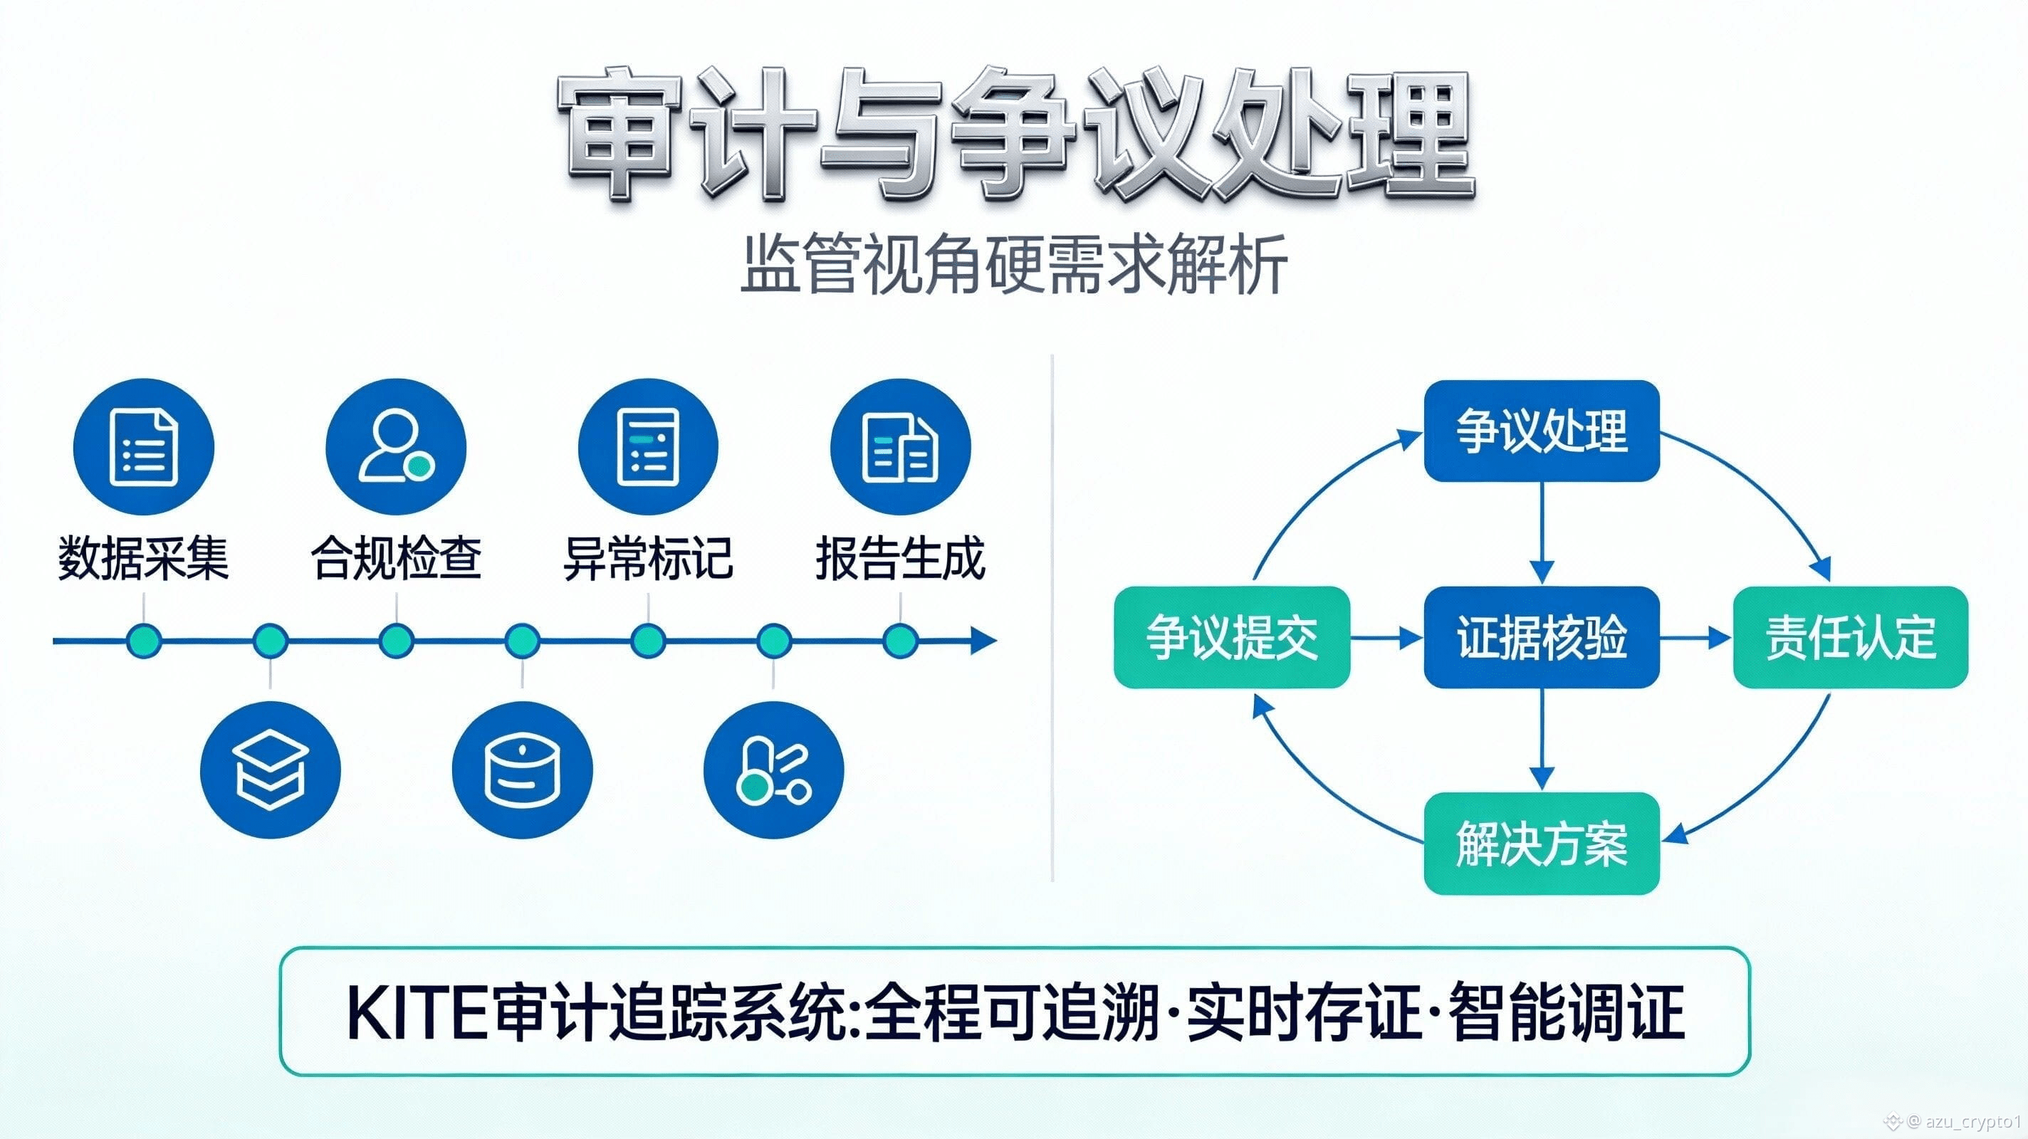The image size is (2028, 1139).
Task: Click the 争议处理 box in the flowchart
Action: [x=1542, y=431]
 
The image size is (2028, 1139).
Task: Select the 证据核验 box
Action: [x=1542, y=637]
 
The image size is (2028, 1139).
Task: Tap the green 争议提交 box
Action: [x=1231, y=637]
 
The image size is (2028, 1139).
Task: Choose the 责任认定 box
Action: [x=1850, y=637]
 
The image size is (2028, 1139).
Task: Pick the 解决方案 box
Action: [x=1542, y=843]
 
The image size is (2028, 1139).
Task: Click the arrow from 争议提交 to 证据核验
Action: [x=1386, y=637]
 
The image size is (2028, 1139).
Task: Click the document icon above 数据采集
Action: [x=144, y=447]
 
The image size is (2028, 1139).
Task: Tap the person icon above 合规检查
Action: [x=396, y=447]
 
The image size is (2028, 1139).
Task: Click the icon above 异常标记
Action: [x=648, y=447]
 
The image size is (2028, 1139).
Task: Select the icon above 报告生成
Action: [x=900, y=447]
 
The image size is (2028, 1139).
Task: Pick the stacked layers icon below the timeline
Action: [x=270, y=769]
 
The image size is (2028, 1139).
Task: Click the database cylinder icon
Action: [x=522, y=769]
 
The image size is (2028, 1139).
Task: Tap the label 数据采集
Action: [x=143, y=558]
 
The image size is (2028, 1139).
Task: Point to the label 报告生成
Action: [x=900, y=558]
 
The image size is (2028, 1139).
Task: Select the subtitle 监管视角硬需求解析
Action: [x=1014, y=265]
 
